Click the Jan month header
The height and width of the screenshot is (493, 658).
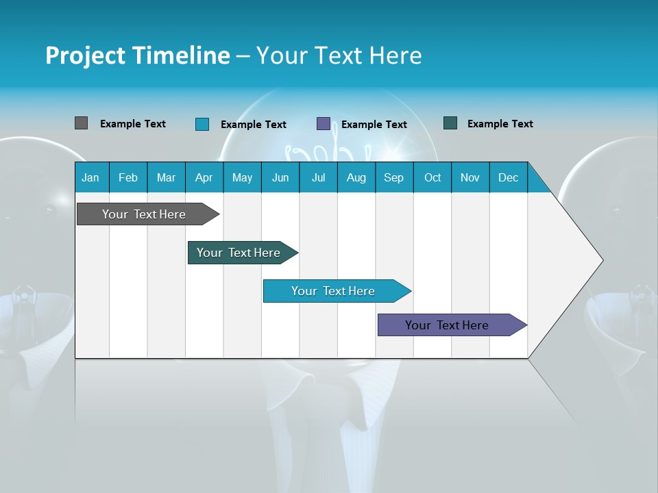pos(90,178)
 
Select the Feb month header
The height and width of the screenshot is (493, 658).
pos(128,178)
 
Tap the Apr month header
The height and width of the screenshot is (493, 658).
pos(204,178)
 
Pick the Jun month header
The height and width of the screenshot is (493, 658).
pos(280,178)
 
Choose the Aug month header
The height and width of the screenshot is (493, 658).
pos(356,178)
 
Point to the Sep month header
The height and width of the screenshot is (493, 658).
pos(393,178)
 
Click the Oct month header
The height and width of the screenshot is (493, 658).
pos(432,178)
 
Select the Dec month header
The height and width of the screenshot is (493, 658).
pos(508,178)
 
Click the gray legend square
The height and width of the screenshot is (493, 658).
pos(81,123)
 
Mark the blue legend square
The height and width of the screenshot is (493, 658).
pos(202,124)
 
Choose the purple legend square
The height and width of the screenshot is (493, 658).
pos(324,124)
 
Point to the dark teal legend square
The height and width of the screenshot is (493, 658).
pos(450,123)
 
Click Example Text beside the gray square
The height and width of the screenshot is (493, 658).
pos(133,124)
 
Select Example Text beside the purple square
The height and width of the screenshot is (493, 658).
pos(374,125)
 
